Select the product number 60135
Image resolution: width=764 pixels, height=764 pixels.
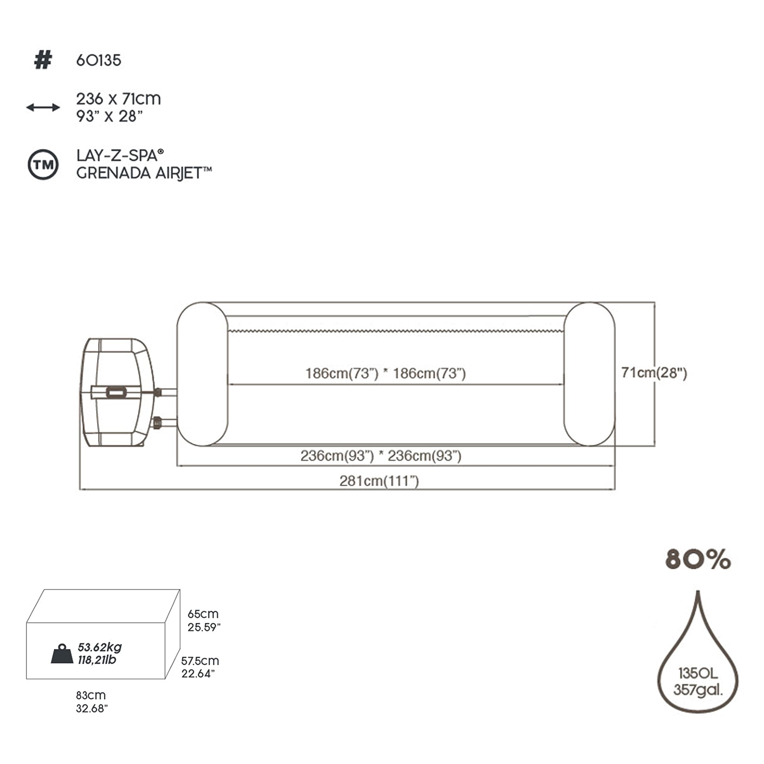tap(98, 61)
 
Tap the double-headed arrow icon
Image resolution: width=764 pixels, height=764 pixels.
tap(43, 107)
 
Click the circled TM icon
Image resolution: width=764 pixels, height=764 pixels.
tap(43, 164)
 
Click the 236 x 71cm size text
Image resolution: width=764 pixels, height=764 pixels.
tap(119, 99)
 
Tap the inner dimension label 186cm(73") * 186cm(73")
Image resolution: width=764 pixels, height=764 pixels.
tap(386, 373)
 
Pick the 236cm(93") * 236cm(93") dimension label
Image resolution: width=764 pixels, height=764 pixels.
tap(381, 455)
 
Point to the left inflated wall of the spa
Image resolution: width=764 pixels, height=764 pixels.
tap(202, 374)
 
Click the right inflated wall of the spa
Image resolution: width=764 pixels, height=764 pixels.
tap(589, 374)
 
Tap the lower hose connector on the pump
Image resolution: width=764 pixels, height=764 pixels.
tap(157, 422)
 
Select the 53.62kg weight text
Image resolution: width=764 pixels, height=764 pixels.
tap(100, 647)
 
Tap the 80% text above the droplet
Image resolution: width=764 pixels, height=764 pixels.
tap(698, 559)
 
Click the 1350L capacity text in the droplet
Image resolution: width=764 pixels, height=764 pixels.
tap(698, 673)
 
